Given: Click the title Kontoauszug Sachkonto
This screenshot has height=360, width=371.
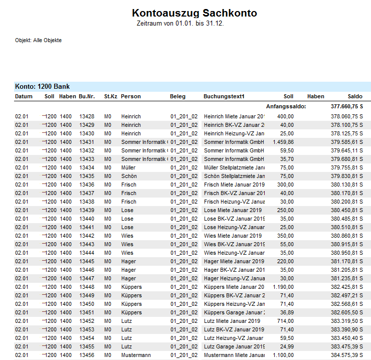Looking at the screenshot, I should (x=195, y=13).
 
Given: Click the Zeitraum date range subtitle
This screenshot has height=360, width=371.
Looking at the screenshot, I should (x=180, y=24).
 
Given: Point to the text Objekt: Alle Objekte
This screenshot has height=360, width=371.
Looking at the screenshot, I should (x=38, y=40).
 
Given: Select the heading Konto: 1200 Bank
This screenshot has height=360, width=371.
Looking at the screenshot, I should (x=43, y=87).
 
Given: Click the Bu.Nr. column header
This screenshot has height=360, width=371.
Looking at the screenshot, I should (x=87, y=96).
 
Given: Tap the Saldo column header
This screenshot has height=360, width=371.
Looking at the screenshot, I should (x=355, y=96).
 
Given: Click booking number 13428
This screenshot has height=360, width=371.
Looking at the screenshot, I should (x=87, y=116).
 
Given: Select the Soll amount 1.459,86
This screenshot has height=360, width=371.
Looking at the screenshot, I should (x=284, y=142).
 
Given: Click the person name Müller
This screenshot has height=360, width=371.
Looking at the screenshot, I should (x=128, y=167).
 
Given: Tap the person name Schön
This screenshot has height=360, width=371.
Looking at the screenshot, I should (x=128, y=176).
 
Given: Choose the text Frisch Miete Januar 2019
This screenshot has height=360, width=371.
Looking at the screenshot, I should (x=233, y=185).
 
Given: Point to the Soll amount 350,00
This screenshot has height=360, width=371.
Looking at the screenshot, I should (x=286, y=236).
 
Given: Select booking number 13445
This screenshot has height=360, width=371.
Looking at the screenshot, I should (x=87, y=261).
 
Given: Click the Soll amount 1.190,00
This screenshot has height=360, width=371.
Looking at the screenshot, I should (x=284, y=287).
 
